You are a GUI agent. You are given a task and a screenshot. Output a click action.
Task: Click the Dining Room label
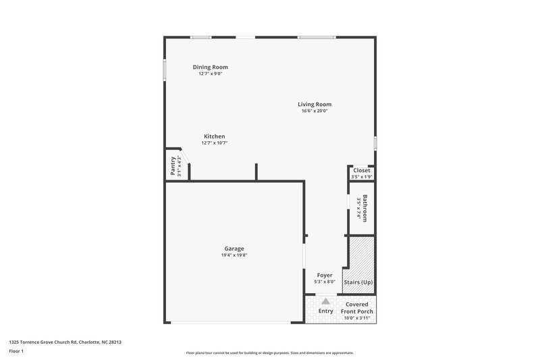[210, 67]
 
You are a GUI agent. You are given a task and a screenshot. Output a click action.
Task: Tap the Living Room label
[315, 104]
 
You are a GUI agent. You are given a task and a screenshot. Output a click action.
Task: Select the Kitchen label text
[214, 136]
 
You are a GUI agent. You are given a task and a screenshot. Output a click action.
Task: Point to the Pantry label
[173, 166]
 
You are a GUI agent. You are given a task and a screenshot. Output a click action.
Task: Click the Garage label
[234, 249]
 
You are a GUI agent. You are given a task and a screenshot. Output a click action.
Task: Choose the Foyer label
[325, 275]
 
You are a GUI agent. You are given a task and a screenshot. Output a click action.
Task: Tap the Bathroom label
[364, 209]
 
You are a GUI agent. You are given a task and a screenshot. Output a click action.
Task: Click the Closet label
[362, 170]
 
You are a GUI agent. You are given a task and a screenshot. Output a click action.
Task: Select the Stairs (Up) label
[358, 282]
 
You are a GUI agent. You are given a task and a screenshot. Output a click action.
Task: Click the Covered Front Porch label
[358, 308]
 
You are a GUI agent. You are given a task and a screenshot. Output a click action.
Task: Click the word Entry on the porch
[326, 311]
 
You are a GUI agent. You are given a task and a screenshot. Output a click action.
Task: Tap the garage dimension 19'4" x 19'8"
[234, 255]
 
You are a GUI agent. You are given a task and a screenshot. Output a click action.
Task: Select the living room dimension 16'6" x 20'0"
[315, 111]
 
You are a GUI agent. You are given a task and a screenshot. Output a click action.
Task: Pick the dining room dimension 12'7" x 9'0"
[210, 74]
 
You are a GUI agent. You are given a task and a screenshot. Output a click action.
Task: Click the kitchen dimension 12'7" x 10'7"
[214, 143]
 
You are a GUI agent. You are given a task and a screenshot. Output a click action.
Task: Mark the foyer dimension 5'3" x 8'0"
[325, 282]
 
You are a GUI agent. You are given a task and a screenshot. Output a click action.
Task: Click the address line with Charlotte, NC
[65, 342]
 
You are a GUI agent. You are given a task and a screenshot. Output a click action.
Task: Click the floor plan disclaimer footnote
[269, 353]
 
